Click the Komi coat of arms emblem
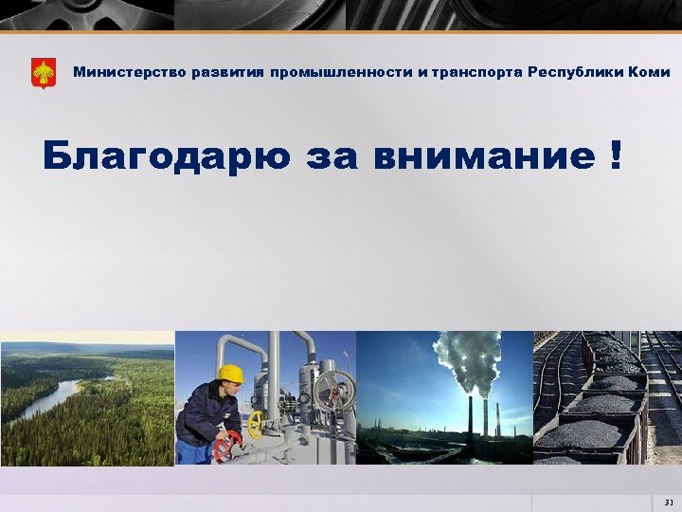tap(44, 73)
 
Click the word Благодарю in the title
tap(166, 155)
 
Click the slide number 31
tap(668, 502)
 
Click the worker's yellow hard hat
tap(230, 374)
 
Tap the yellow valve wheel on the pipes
tap(255, 424)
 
